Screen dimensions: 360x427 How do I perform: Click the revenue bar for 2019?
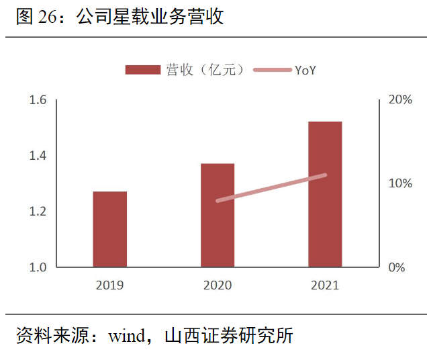pyautogui.click(x=109, y=229)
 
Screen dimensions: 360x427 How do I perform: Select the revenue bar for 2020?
pyautogui.click(x=217, y=215)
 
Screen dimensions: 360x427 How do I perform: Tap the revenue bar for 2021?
pyautogui.click(x=325, y=194)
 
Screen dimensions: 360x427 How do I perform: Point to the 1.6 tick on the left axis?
pyautogui.click(x=38, y=100)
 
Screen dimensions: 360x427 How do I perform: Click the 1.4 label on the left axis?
pyautogui.click(x=38, y=156)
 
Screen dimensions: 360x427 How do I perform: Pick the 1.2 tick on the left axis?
pyautogui.click(x=38, y=212)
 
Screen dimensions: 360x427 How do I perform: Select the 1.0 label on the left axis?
pyautogui.click(x=38, y=267)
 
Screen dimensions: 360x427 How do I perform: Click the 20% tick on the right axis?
pyautogui.click(x=400, y=100)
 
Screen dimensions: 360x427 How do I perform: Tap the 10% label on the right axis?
pyautogui.click(x=400, y=183)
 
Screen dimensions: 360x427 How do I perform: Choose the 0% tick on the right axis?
pyautogui.click(x=397, y=267)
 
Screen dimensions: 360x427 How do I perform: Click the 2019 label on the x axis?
pyautogui.click(x=109, y=285)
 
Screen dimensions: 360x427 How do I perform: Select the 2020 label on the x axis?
pyautogui.click(x=217, y=285)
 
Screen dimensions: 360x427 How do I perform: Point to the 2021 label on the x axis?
pyautogui.click(x=325, y=285)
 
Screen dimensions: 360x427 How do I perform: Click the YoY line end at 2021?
pyautogui.click(x=325, y=175)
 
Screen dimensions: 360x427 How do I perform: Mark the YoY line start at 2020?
pyautogui.click(x=218, y=200)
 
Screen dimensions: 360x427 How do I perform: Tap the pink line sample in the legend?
pyautogui.click(x=273, y=70)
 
